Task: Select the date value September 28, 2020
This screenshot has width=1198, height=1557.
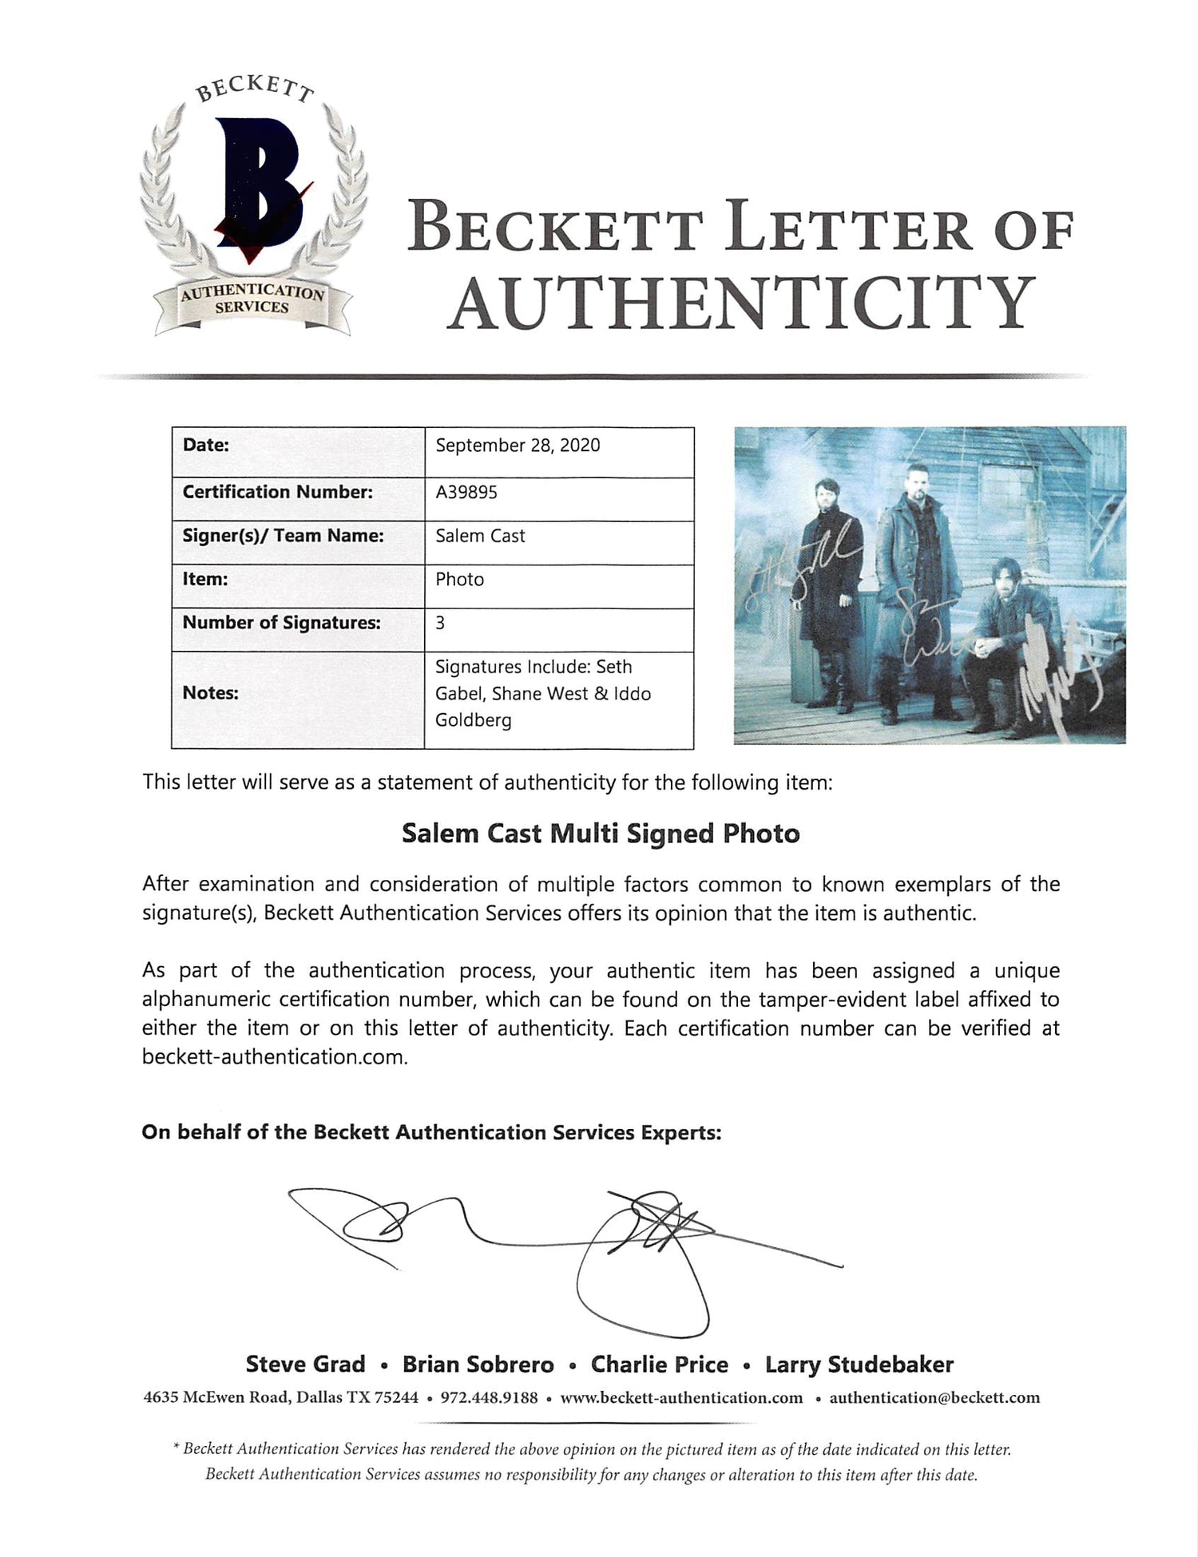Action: (518, 446)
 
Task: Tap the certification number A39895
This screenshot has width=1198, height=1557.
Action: (466, 492)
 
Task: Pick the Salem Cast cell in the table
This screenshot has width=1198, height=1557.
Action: (480, 536)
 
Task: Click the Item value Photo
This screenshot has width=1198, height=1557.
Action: (459, 579)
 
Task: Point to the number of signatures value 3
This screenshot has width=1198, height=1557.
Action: (440, 622)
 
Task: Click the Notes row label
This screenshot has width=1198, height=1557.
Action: (211, 693)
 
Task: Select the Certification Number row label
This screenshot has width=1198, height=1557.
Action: (277, 492)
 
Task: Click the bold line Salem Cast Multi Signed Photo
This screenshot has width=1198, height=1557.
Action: (600, 834)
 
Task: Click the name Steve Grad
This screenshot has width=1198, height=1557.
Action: (305, 1365)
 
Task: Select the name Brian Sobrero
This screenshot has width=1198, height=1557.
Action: (478, 1365)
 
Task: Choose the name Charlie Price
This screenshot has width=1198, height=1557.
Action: (659, 1365)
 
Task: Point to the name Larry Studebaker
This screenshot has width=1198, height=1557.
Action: (859, 1365)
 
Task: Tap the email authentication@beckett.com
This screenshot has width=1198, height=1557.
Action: (934, 1397)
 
